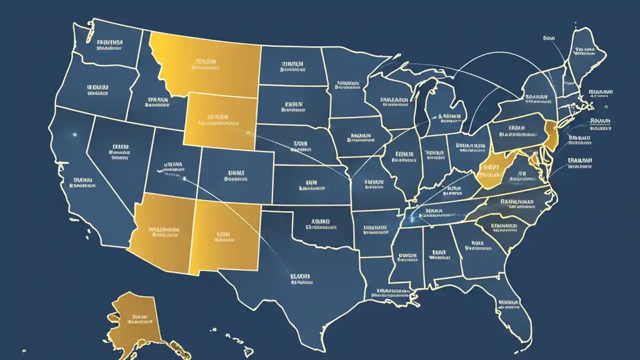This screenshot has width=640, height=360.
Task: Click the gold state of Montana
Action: pyautogui.click(x=210, y=62)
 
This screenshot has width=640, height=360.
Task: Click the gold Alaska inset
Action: pyautogui.click(x=135, y=320)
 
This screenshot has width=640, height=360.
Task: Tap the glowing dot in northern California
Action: pyautogui.click(x=75, y=134)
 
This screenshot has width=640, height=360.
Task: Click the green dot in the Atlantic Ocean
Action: pyautogui.click(x=606, y=106)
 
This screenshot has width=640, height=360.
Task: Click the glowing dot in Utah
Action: pyautogui.click(x=184, y=177)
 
